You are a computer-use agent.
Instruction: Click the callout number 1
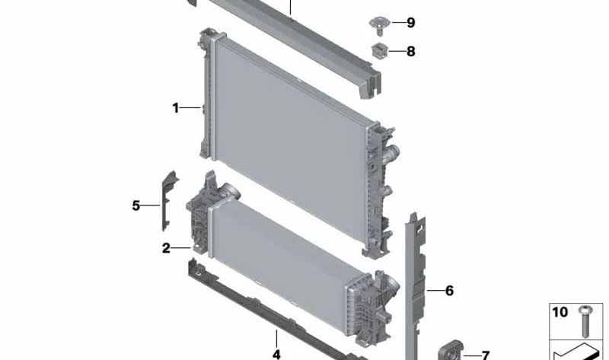pos(176,108)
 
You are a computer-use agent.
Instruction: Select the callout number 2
pos(166,248)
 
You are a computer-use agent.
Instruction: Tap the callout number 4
pos(276,354)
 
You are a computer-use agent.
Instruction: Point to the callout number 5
pos(136,205)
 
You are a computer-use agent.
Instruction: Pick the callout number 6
pos(449,291)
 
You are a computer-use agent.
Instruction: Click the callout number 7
pos(485,355)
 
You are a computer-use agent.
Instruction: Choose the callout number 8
pos(410,51)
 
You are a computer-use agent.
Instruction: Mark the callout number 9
pos(410,23)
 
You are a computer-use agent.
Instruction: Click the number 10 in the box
pos(560,312)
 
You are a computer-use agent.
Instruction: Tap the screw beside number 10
pos(585,320)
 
